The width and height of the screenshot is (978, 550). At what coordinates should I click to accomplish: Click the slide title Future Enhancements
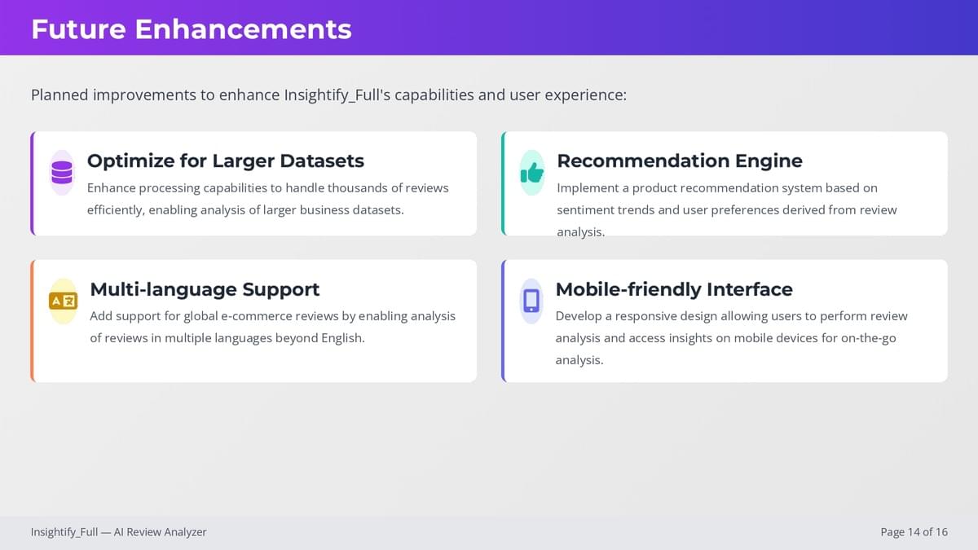[192, 29]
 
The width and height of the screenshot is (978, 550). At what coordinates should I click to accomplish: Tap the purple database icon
[62, 173]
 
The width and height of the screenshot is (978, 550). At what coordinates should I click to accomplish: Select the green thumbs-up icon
[531, 173]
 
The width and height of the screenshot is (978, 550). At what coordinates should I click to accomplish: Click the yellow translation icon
[64, 301]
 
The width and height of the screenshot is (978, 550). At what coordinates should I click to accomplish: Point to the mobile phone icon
[531, 301]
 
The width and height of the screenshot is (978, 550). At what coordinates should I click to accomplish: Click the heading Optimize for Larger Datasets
[225, 161]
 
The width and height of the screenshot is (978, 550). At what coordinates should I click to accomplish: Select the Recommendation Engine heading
[680, 161]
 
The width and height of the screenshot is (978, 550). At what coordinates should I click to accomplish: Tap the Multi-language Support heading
[205, 289]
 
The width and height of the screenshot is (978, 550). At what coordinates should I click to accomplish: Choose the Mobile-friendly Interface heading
[674, 289]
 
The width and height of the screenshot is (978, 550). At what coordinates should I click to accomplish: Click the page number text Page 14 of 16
[914, 532]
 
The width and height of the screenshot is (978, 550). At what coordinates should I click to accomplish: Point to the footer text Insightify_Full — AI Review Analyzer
[118, 532]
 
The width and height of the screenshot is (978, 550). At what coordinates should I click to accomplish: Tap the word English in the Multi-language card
[343, 338]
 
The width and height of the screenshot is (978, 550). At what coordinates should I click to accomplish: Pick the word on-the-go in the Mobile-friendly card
[869, 338]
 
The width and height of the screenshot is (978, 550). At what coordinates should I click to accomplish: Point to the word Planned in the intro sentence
[59, 95]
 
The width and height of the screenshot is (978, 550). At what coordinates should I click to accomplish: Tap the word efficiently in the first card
[116, 210]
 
